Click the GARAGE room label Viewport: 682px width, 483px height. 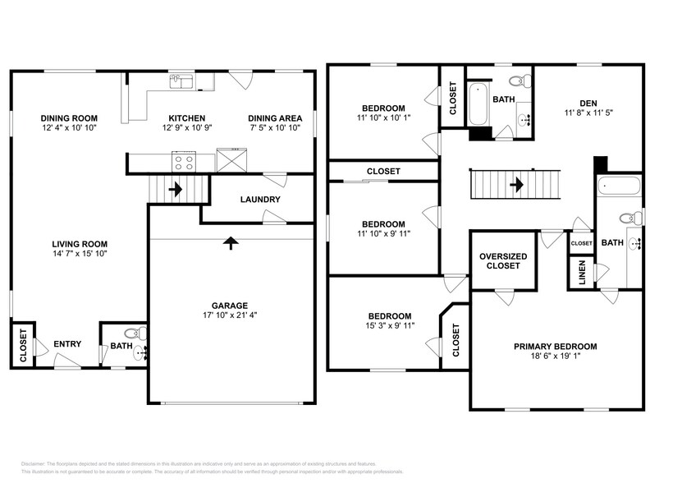[x=230, y=305]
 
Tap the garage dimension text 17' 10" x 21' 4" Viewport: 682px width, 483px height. [x=230, y=315]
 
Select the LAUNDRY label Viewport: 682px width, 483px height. [x=259, y=200]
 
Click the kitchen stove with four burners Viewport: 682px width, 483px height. [x=183, y=161]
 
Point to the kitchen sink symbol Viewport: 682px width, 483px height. [x=181, y=80]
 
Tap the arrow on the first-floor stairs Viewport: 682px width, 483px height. [x=175, y=189]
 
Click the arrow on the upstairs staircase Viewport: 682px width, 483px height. [x=516, y=185]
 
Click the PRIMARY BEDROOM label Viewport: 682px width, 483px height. [x=556, y=347]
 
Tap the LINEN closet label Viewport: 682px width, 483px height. [x=581, y=274]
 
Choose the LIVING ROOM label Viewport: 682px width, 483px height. [x=80, y=244]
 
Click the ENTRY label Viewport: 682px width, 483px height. [x=67, y=344]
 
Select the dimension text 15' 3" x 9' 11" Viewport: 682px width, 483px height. [x=384, y=326]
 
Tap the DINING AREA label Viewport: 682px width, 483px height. [x=275, y=118]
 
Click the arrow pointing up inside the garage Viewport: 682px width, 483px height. [x=231, y=243]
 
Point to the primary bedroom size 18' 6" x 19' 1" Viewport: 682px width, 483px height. [x=556, y=357]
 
